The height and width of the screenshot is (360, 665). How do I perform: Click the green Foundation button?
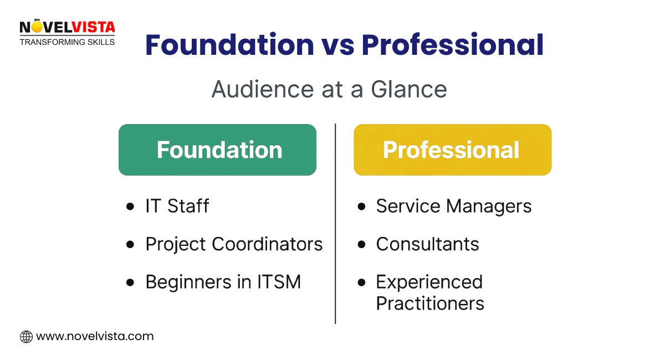point(217,150)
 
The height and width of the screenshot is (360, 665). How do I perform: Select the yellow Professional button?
point(452,150)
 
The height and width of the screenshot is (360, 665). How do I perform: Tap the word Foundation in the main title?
point(229,46)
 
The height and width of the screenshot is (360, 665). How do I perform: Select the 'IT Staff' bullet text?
point(177,206)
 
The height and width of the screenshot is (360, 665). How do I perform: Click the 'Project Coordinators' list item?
point(234,244)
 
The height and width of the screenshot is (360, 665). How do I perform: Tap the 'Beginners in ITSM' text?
point(223,282)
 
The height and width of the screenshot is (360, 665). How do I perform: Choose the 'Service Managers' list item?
point(454,206)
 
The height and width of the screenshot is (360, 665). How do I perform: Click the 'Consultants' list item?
point(427,244)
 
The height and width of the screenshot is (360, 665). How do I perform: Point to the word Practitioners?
point(430,304)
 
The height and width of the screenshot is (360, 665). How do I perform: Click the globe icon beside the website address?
point(26,336)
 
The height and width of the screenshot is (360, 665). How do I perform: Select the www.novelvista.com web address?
point(95,336)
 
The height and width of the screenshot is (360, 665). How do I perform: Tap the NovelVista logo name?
point(67,27)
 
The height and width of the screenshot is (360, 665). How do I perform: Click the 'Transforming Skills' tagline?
point(67,42)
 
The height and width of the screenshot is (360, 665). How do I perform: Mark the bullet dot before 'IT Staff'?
point(130,207)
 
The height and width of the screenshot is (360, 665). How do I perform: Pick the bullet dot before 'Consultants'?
point(362,244)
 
